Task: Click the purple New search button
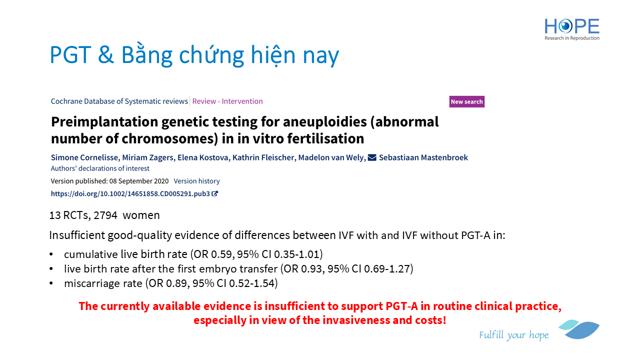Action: click(466, 101)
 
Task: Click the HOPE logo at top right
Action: click(571, 29)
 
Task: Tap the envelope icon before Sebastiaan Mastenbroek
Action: click(371, 157)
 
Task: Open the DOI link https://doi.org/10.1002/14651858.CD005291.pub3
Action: click(130, 193)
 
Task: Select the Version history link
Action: click(196, 181)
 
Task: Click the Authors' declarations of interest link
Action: click(100, 168)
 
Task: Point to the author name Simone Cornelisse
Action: click(84, 157)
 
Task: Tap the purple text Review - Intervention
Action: click(227, 101)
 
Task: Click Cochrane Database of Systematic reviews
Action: click(119, 101)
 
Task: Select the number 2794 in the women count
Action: click(105, 215)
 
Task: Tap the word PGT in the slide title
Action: click(70, 54)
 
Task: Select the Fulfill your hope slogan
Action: click(513, 335)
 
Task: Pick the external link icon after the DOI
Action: click(215, 193)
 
